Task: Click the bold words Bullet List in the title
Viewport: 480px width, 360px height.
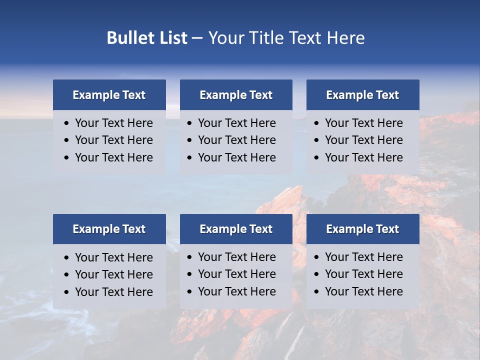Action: [147, 38]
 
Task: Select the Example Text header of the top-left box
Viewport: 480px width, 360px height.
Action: [109, 95]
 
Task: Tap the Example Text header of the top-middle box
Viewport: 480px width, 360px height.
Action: [236, 95]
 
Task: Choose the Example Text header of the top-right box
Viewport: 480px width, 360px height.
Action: [362, 95]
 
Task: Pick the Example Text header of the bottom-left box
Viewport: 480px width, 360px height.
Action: [109, 229]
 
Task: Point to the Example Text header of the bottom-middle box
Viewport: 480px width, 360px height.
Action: [236, 229]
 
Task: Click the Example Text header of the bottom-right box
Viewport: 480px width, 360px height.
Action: [362, 229]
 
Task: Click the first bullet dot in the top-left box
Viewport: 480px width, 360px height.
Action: [67, 123]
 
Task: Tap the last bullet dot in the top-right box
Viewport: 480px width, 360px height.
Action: [316, 158]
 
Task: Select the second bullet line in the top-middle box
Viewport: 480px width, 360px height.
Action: [236, 140]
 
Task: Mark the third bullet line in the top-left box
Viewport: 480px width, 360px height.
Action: [113, 157]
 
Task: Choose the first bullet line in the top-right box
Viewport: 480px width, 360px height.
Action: [363, 123]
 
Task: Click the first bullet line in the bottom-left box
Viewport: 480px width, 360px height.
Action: [113, 257]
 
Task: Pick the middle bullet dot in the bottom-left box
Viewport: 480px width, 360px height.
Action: [67, 275]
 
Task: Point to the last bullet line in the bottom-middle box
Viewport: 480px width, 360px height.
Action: [236, 291]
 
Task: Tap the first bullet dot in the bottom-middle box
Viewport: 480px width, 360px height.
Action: [189, 257]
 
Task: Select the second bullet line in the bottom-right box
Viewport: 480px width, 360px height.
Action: [363, 274]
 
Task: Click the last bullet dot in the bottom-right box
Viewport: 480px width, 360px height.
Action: [316, 292]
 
